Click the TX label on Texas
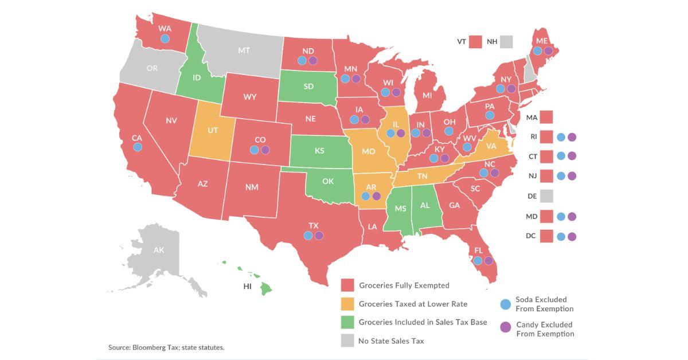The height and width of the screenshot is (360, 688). tap(314, 225)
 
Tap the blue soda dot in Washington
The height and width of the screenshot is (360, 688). tap(165, 38)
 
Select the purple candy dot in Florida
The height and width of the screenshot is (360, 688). tap(488, 261)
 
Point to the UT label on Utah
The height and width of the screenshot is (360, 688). tap(213, 130)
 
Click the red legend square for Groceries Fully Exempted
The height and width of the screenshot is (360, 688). tap(347, 285)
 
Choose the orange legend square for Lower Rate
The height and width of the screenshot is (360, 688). tap(347, 304)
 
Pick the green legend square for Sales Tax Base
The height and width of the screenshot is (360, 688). tap(347, 322)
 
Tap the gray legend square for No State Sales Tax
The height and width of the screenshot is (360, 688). tap(347, 341)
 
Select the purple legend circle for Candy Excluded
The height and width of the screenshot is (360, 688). tap(505, 327)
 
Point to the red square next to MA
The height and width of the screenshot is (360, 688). tap(546, 118)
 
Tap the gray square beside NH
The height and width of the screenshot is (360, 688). tap(506, 42)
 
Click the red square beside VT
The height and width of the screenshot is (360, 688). tap(475, 42)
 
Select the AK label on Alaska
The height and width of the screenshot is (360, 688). tap(159, 251)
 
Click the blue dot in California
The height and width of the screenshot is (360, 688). tap(138, 147)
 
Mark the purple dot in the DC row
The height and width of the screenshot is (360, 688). tap(571, 236)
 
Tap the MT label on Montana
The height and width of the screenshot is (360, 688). tap(244, 50)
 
